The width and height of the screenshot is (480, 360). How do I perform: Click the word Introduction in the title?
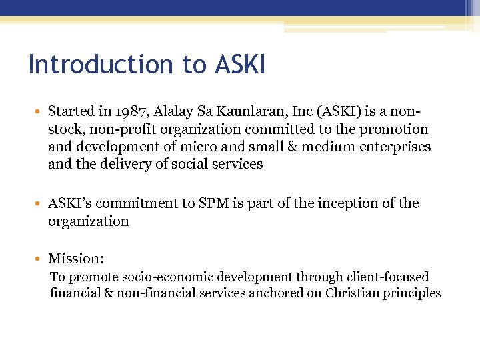click(x=95, y=65)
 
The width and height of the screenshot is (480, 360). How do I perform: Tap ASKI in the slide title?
click(x=240, y=65)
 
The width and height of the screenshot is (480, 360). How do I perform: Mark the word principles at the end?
click(x=414, y=293)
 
